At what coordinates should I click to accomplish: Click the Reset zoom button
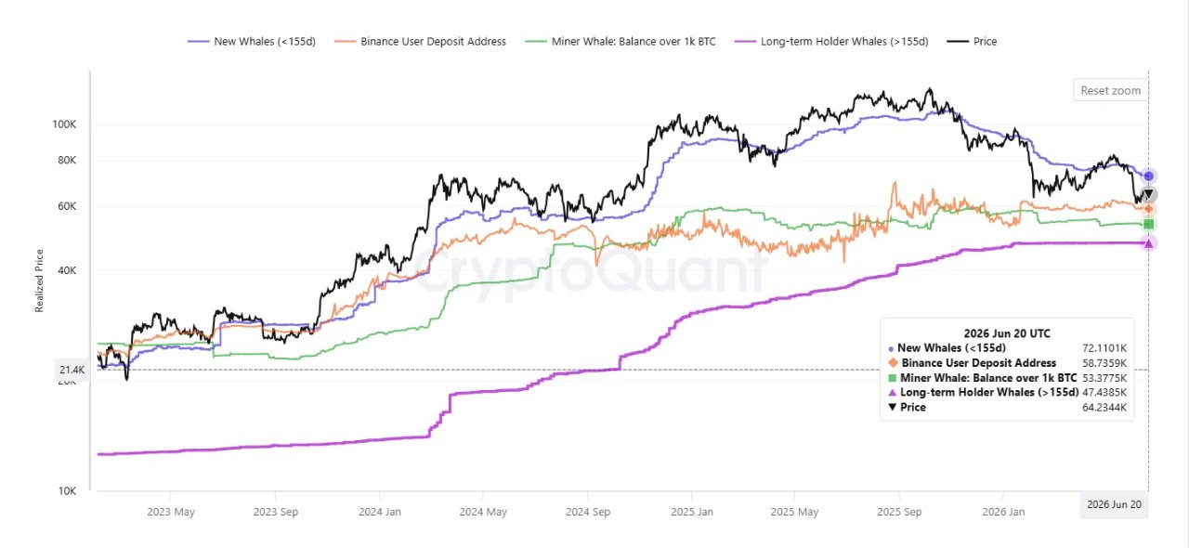[1110, 90]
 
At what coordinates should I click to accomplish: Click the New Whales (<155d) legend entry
[252, 42]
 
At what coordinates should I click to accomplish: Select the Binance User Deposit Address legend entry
[421, 42]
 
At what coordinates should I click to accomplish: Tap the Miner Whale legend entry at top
[621, 42]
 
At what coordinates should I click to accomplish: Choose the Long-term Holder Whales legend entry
[831, 42]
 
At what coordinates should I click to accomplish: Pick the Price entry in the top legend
[973, 42]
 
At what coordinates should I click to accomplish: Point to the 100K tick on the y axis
[64, 124]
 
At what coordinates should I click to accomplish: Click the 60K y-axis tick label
[67, 206]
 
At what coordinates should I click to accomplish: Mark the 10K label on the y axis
[67, 490]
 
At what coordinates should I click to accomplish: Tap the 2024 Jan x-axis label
[380, 512]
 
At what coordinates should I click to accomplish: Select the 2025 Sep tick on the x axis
[899, 512]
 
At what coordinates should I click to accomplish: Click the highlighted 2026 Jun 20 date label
[1114, 504]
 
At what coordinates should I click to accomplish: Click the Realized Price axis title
[39, 281]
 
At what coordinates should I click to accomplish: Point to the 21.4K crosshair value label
[72, 370]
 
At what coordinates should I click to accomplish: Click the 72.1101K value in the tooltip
[1104, 348]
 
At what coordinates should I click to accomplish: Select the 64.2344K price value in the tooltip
[1104, 407]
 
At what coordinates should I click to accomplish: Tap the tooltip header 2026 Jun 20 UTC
[1007, 333]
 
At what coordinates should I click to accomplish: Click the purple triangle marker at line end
[1149, 243]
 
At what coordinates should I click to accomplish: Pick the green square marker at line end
[1149, 224]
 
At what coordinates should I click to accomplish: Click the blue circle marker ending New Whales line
[1149, 176]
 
